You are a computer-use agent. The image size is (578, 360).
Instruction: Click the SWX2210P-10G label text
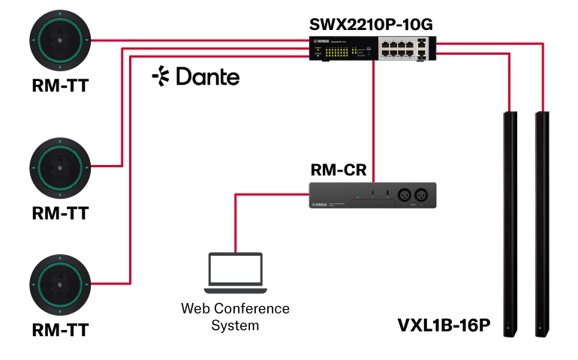pyautogui.click(x=372, y=24)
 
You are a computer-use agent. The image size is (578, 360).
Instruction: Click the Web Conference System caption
pyautogui.click(x=235, y=316)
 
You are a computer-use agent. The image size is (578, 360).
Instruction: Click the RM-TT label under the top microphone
pyautogui.click(x=60, y=86)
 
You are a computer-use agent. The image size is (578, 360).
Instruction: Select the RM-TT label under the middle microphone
pyautogui.click(x=60, y=213)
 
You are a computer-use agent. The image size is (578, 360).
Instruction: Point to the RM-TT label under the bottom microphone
pyautogui.click(x=60, y=330)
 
